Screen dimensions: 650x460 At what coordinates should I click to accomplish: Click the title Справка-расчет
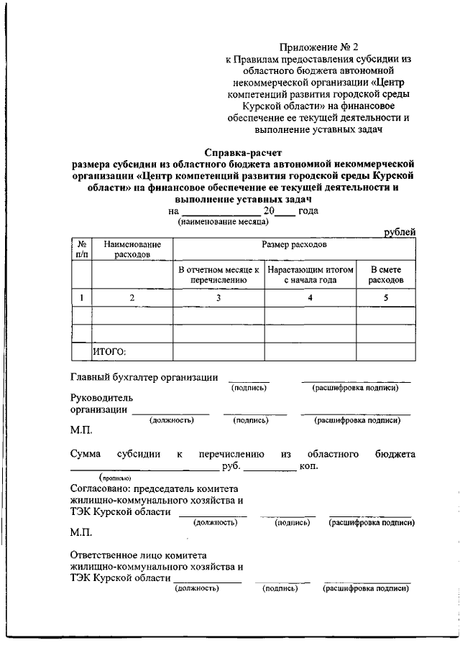coord(244,152)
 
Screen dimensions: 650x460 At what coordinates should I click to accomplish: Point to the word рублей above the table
coord(399,231)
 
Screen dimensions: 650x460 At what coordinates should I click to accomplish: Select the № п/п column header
coord(82,249)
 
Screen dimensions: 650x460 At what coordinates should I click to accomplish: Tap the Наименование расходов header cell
coord(132,249)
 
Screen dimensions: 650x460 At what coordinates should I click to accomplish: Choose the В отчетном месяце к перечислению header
coord(218,274)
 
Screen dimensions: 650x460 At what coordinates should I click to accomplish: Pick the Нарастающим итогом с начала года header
coord(310,274)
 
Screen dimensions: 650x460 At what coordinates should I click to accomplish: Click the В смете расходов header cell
coord(386,274)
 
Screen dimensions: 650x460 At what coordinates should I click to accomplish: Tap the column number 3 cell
coord(218,297)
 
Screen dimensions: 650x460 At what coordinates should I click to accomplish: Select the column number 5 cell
coord(386,297)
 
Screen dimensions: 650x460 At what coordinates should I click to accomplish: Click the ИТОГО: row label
coord(109,351)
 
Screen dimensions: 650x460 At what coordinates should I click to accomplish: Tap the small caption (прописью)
coord(114,478)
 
